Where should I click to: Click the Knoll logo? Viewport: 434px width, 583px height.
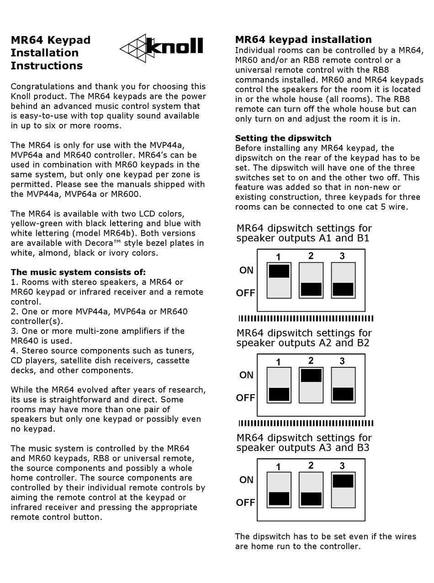[162, 48]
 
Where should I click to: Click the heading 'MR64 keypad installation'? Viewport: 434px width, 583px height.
[303, 40]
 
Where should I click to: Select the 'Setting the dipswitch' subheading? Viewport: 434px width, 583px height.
[283, 138]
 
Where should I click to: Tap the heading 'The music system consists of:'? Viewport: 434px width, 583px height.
[78, 272]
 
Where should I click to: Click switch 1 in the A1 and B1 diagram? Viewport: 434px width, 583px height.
[279, 281]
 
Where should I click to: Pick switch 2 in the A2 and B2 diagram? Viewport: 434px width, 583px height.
[311, 385]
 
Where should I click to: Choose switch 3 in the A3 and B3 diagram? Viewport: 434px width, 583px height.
[343, 490]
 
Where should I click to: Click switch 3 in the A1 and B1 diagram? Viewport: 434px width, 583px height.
[343, 281]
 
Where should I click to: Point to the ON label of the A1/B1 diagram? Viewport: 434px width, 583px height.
[246, 270]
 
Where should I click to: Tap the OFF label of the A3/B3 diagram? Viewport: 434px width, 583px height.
[245, 503]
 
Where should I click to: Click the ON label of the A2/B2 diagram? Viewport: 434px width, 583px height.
[246, 375]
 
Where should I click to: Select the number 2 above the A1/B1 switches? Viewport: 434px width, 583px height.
[311, 256]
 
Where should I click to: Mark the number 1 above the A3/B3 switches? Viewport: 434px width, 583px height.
[279, 467]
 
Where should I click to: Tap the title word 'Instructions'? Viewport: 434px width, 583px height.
[47, 66]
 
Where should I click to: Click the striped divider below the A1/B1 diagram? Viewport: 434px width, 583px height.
[306, 318]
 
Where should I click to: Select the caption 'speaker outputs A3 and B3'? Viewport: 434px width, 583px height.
[303, 448]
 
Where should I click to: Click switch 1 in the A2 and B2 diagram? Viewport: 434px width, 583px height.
[279, 385]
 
